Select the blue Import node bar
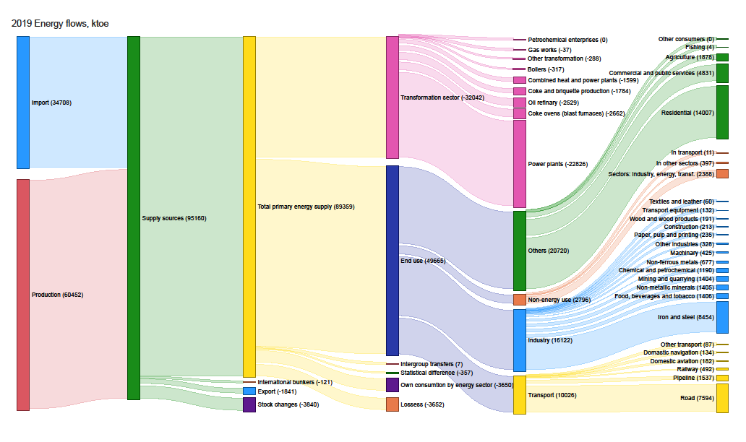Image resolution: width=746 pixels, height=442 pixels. click(x=23, y=103)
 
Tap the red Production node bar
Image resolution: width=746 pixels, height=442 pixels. click(x=23, y=295)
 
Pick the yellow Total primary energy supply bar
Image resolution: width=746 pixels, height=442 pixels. click(x=249, y=207)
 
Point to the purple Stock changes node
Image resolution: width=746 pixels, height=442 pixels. click(x=249, y=404)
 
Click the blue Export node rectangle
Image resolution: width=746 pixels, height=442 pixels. click(x=249, y=391)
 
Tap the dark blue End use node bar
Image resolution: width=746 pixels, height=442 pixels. click(x=393, y=261)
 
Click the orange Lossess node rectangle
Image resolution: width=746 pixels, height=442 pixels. click(x=393, y=404)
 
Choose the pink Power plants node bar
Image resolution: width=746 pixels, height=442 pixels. click(x=520, y=164)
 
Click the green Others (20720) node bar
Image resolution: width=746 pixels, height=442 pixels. click(x=520, y=251)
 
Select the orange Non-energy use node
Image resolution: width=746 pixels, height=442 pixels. click(x=520, y=300)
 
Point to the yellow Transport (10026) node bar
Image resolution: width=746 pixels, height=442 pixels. click(x=520, y=394)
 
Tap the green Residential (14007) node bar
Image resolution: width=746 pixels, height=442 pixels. click(x=722, y=112)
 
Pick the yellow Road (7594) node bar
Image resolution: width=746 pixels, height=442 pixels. click(x=722, y=398)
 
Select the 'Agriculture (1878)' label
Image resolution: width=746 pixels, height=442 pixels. click(x=690, y=57)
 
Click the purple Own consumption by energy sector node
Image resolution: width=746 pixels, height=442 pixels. click(x=393, y=385)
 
